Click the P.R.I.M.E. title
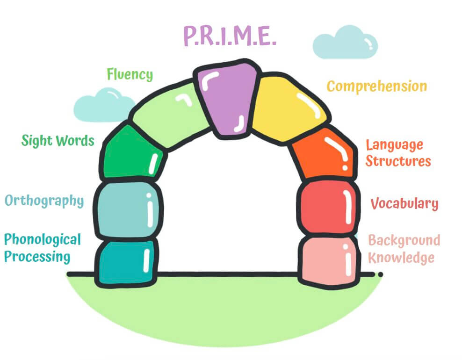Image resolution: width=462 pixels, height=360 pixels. tap(230, 36)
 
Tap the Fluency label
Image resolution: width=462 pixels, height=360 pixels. tap(130, 74)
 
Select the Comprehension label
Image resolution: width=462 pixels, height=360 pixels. tap(377, 86)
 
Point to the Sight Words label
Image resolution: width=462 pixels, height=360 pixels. tap(58, 141)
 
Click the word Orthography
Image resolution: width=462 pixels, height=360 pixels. tap(44, 201)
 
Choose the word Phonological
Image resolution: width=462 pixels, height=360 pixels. tap(43, 239)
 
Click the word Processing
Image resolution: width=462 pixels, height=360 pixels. tap(37, 257)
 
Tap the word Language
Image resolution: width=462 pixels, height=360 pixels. tap(394, 145)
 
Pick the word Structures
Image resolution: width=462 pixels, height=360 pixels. tap(398, 161)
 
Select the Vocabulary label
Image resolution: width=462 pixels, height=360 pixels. tap(404, 203)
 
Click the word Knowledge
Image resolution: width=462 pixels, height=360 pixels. tap(401, 258)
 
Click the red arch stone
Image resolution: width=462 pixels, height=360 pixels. tap(328, 207)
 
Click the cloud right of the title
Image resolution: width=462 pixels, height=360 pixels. tap(345, 43)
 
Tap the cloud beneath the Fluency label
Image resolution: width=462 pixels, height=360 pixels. tap(103, 106)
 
